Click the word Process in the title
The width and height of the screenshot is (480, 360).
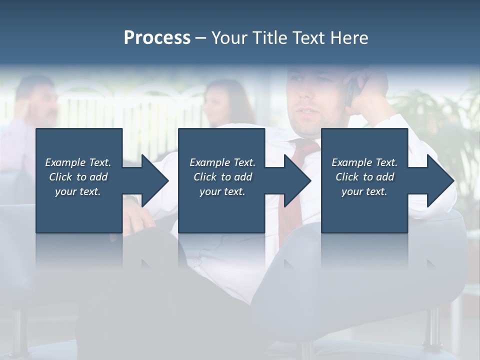coord(157,38)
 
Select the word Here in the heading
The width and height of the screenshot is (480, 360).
coord(349,38)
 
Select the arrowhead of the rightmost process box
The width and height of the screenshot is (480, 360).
coord(439,181)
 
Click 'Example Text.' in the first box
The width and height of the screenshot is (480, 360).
coord(78,162)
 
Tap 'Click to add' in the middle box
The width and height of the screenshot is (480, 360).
coord(222,177)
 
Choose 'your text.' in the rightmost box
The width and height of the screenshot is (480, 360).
coord(364,191)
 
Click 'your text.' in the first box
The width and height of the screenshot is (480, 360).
coord(78,191)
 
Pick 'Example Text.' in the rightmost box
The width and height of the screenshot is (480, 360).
coord(364,162)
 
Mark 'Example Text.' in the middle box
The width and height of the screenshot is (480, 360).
coord(222,162)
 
